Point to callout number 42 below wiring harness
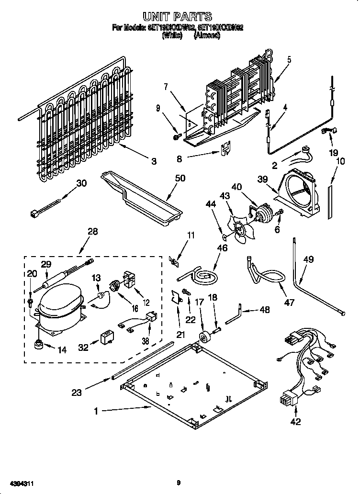click(x=295, y=422)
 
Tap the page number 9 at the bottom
click(x=178, y=483)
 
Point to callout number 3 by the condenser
click(x=154, y=162)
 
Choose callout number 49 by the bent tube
click(x=308, y=260)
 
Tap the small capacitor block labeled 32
click(x=106, y=338)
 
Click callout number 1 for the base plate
click(x=97, y=410)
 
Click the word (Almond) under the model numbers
click(x=207, y=35)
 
